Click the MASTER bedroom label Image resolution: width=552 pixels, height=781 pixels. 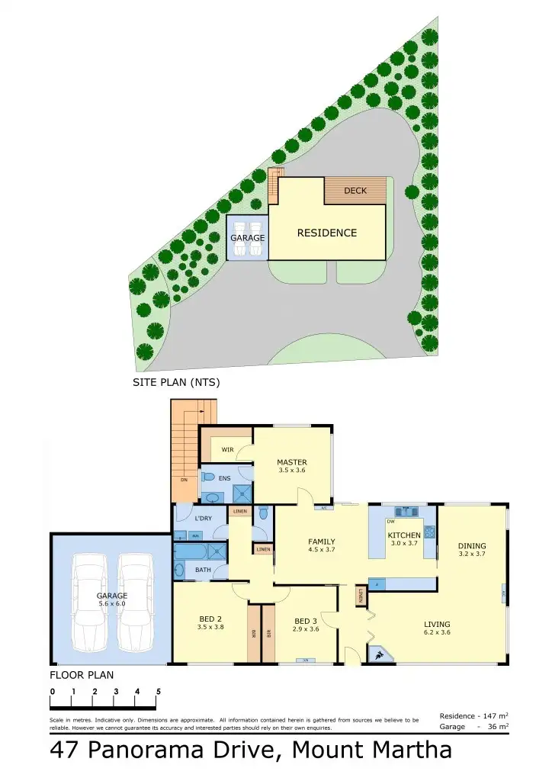[x=292, y=462]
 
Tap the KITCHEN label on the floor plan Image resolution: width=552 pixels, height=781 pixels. [x=404, y=535]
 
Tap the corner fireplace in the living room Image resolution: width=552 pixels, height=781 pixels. [x=378, y=654]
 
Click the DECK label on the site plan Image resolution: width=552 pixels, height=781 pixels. [x=355, y=191]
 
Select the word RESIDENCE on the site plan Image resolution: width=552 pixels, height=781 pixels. [x=326, y=233]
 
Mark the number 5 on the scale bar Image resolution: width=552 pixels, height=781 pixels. [x=159, y=692]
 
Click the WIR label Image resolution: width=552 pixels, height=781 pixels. [x=227, y=450]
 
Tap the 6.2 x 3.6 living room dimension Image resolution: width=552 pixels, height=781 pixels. [x=437, y=632]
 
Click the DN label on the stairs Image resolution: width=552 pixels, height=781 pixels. [x=184, y=480]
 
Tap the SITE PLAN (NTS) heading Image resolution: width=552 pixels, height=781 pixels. [x=176, y=383]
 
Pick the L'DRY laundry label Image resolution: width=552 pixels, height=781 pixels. [x=203, y=519]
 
